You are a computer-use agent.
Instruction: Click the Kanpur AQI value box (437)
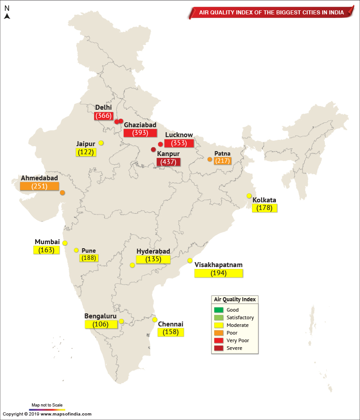(x=168, y=162)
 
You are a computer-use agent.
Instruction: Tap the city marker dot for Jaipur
(x=101, y=143)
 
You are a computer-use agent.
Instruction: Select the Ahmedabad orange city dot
(x=62, y=193)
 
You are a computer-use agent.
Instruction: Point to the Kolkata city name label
(x=264, y=200)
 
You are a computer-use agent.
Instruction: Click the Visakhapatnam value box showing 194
(x=219, y=273)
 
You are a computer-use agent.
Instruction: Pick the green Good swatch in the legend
(x=219, y=310)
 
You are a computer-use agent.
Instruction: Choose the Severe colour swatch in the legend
(x=219, y=348)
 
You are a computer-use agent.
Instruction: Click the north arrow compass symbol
(x=7, y=16)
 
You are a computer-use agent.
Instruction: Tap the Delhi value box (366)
(x=103, y=116)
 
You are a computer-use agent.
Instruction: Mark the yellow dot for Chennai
(x=155, y=320)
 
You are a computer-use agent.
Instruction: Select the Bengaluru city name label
(x=100, y=316)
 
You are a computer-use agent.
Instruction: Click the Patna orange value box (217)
(x=222, y=161)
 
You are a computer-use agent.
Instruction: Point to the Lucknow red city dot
(x=160, y=144)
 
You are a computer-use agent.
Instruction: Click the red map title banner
(x=271, y=13)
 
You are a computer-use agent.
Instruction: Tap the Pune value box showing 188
(x=89, y=258)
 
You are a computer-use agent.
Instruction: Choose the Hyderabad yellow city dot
(x=132, y=265)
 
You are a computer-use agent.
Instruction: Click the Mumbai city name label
(x=47, y=242)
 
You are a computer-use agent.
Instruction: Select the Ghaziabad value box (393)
(x=140, y=133)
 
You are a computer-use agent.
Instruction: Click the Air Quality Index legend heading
(x=234, y=299)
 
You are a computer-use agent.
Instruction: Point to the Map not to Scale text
(x=47, y=405)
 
